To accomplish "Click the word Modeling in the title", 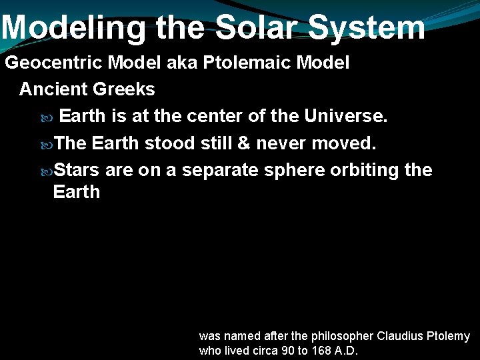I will (74, 28).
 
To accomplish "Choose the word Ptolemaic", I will (238, 63).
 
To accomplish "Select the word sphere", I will (295, 170).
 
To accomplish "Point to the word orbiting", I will (366, 170).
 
